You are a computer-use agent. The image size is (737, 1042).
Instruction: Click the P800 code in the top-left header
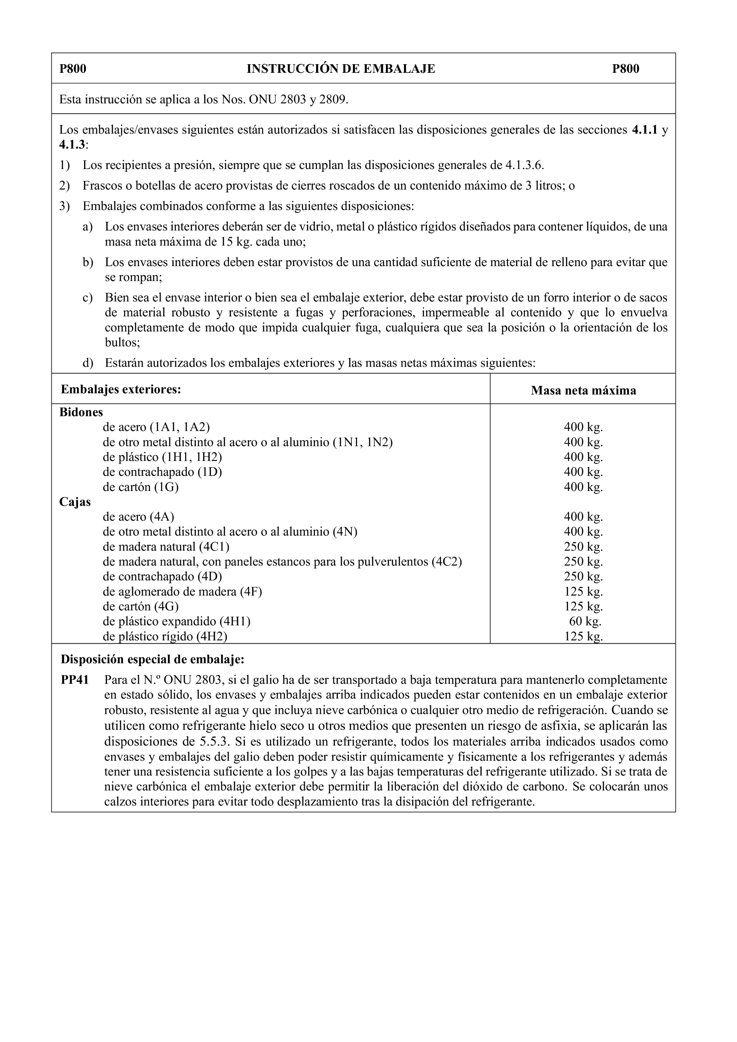73,69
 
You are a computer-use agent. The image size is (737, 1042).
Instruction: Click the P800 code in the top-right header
625,69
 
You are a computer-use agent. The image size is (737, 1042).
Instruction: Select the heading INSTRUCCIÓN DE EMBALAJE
341,69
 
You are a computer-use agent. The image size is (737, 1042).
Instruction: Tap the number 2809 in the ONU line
333,99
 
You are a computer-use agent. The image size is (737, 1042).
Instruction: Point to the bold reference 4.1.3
72,145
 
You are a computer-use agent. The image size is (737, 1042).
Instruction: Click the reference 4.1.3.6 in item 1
524,165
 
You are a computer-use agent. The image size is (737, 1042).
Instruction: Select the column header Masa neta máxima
583,390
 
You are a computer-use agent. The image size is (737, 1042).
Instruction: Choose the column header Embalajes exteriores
121,389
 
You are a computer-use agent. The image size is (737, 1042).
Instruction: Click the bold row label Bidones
81,412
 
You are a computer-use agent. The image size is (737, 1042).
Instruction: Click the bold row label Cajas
75,502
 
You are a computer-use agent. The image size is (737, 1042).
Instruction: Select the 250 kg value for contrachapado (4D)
583,577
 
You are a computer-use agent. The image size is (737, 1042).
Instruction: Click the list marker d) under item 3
87,363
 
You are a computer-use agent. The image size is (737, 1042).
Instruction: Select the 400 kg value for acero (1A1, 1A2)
583,427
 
